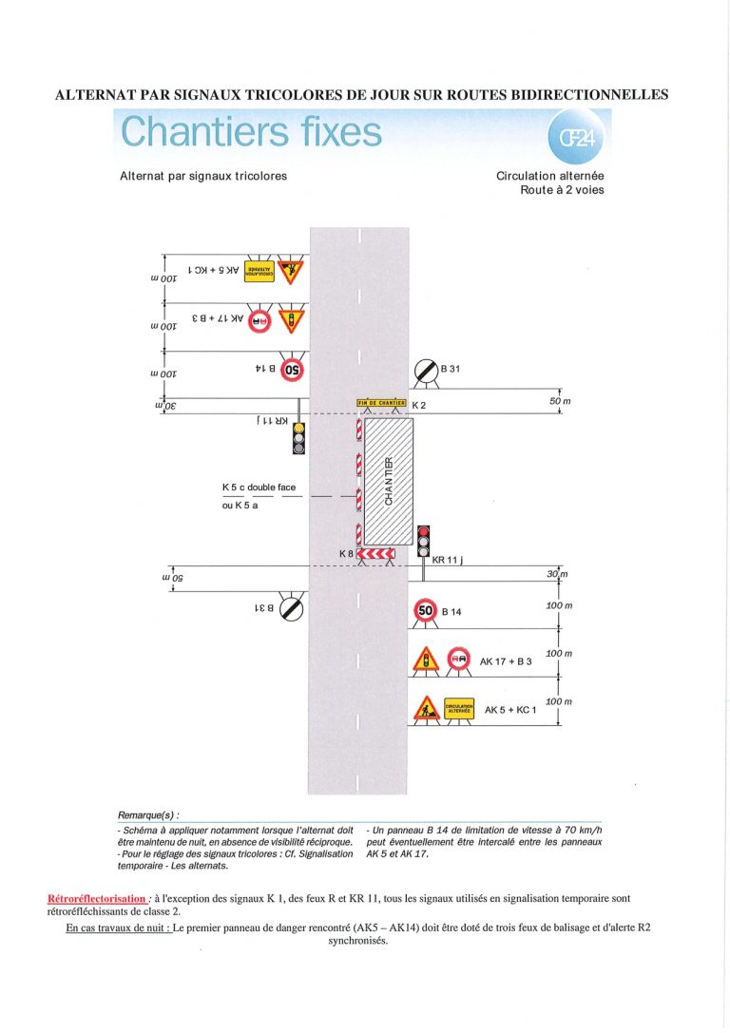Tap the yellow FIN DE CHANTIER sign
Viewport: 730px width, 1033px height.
click(381, 404)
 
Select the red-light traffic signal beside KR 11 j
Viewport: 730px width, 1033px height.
click(424, 541)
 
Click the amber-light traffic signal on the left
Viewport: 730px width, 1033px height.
click(298, 438)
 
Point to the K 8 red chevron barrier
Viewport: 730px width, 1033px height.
click(375, 553)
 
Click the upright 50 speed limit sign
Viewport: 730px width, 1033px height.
click(426, 610)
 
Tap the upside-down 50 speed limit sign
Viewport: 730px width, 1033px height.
click(291, 369)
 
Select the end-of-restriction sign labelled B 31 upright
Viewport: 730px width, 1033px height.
click(425, 370)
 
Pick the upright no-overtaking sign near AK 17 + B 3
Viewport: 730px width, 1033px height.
click(459, 659)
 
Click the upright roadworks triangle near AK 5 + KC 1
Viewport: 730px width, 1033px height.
click(427, 708)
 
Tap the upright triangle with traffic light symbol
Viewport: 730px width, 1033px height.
click(427, 660)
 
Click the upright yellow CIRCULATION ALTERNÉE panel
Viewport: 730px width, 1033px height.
click(459, 708)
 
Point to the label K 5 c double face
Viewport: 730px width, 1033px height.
click(259, 488)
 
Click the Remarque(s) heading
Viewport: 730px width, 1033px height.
click(147, 815)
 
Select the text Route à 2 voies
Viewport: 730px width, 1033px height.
click(561, 190)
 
